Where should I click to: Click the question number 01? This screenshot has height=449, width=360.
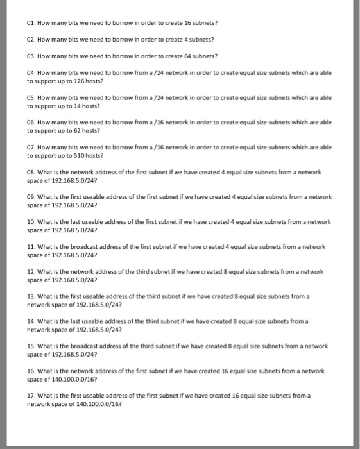pos(31,23)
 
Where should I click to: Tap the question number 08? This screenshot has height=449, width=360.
pos(31,173)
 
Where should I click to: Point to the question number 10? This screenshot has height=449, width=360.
pos(31,221)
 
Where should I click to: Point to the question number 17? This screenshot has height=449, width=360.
pos(31,396)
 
